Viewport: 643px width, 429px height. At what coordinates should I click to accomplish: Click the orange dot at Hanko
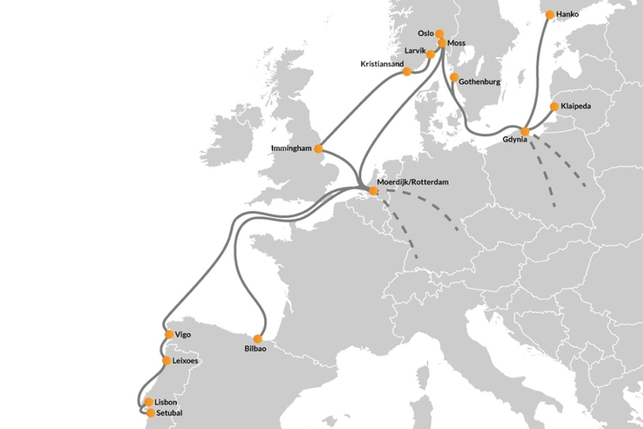pos(549,15)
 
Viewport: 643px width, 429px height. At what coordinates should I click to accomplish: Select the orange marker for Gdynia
pos(526,131)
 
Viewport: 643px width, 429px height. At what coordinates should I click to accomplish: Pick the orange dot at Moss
pos(442,43)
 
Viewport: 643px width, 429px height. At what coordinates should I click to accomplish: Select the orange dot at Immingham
pos(318,148)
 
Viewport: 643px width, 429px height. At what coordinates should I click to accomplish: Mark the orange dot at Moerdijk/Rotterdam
pos(373,190)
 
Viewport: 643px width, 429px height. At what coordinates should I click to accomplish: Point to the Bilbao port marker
pos(261,337)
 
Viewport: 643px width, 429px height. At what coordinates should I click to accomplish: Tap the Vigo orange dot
pos(167,335)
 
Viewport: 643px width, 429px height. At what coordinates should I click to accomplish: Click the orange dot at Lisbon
pos(148,402)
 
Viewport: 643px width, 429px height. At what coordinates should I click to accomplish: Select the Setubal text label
pos(171,412)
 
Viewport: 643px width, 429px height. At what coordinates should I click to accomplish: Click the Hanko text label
pos(568,15)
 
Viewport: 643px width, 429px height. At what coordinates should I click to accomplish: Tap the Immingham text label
pos(291,148)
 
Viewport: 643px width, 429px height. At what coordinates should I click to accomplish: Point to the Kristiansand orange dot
pos(406,72)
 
